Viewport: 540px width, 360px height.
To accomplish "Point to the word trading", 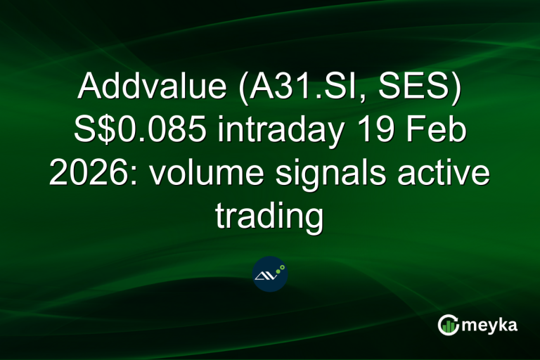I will (269, 217).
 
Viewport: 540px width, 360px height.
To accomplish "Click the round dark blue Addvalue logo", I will (270, 274).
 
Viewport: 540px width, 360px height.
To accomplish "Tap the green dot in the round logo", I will (281, 268).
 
